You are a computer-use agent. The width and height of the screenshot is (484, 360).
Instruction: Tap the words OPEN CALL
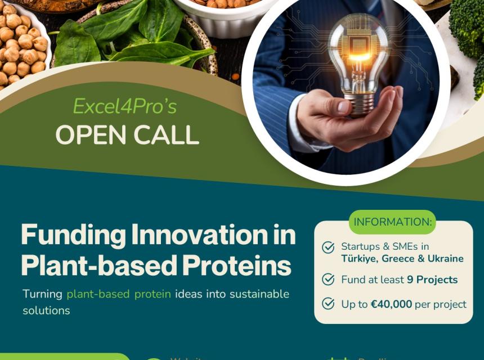pos(127,136)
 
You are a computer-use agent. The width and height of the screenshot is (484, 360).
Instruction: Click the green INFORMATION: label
pos(393,222)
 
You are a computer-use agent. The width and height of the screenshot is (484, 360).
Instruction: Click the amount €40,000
pos(391,304)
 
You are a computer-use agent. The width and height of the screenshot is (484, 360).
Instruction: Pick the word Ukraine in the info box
pos(445,259)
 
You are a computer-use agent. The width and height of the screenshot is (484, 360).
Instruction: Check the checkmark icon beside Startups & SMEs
pos(328,247)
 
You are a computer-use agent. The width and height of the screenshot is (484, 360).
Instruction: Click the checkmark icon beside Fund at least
pos(328,280)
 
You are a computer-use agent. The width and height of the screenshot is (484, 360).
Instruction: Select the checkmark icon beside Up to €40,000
pos(328,304)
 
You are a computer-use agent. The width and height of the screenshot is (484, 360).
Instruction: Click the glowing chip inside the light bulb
pos(358,49)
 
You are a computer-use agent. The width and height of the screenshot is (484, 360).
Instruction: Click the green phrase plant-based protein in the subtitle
pos(119,294)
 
